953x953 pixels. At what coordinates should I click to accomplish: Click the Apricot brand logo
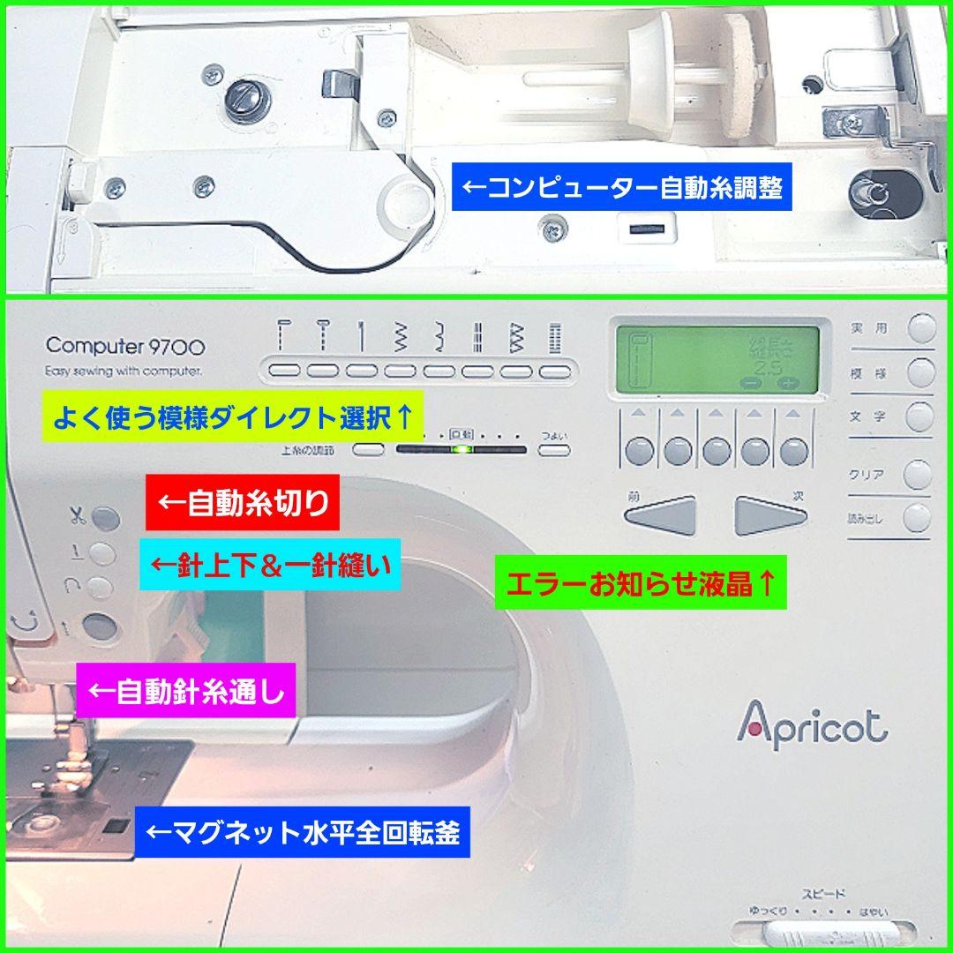[812, 724]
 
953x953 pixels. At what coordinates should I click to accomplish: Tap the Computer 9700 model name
[125, 346]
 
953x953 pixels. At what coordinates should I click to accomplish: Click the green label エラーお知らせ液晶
[641, 583]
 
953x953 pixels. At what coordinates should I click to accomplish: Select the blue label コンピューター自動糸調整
[622, 188]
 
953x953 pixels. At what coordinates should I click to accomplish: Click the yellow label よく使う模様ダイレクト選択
[232, 414]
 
